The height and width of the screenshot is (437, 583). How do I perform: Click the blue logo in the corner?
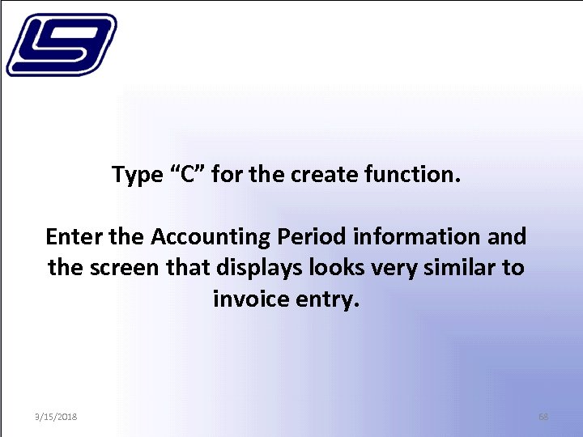(61, 45)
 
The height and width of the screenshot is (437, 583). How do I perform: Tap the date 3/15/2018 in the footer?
(56, 416)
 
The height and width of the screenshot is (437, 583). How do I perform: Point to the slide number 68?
(543, 416)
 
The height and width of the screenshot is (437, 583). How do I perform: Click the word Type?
(137, 175)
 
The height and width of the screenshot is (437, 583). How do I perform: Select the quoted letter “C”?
(187, 174)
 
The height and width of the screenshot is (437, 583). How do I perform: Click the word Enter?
(74, 237)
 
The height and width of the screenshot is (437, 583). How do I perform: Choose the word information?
(416, 237)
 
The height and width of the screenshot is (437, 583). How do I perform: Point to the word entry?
(328, 300)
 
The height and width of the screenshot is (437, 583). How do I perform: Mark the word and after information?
(507, 237)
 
